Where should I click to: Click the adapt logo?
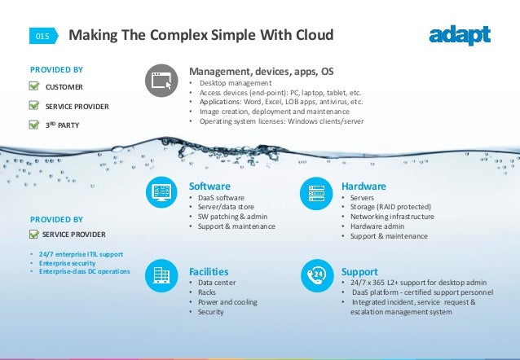click(460, 35)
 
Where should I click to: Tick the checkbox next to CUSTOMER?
click(34, 86)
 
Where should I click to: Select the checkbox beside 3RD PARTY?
click(34, 125)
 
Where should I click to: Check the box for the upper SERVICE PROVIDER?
click(34, 105)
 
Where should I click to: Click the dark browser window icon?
click(161, 81)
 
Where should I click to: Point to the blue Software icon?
click(161, 192)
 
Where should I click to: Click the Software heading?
click(209, 187)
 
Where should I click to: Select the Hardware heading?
click(364, 187)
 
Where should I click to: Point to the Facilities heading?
click(208, 270)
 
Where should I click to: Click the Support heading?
click(359, 270)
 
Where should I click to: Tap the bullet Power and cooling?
click(227, 301)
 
